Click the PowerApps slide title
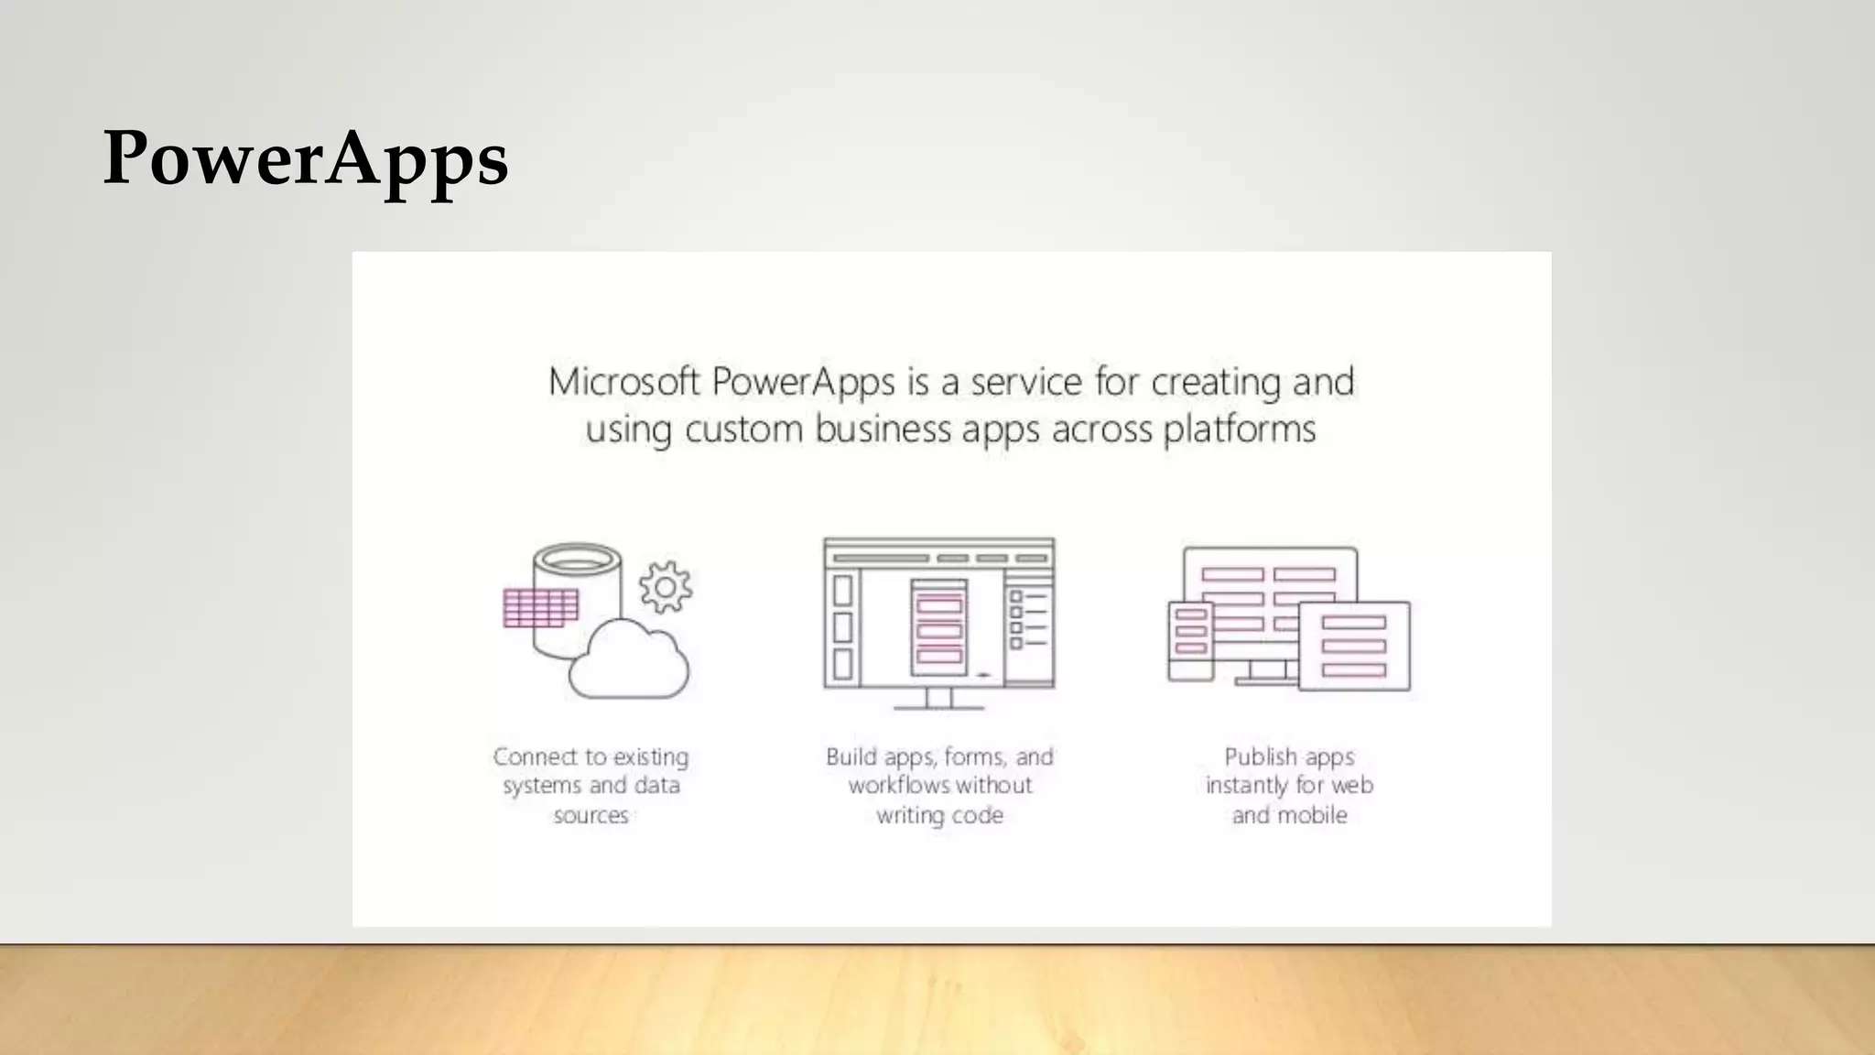[x=305, y=158]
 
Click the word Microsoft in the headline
[x=623, y=382]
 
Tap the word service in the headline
[x=1025, y=382]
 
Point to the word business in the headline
[x=883, y=430]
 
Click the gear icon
[x=666, y=587]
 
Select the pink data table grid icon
[x=540, y=608]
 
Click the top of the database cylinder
[x=577, y=558]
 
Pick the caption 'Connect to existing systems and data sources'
[x=591, y=786]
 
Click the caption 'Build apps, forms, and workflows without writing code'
[x=939, y=786]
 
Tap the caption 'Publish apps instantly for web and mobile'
[x=1289, y=786]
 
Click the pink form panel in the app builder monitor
[x=939, y=628]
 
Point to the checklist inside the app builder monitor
[x=1027, y=619]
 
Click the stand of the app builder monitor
[x=939, y=700]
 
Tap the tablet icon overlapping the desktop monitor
[x=1354, y=646]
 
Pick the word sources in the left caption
[x=591, y=815]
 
